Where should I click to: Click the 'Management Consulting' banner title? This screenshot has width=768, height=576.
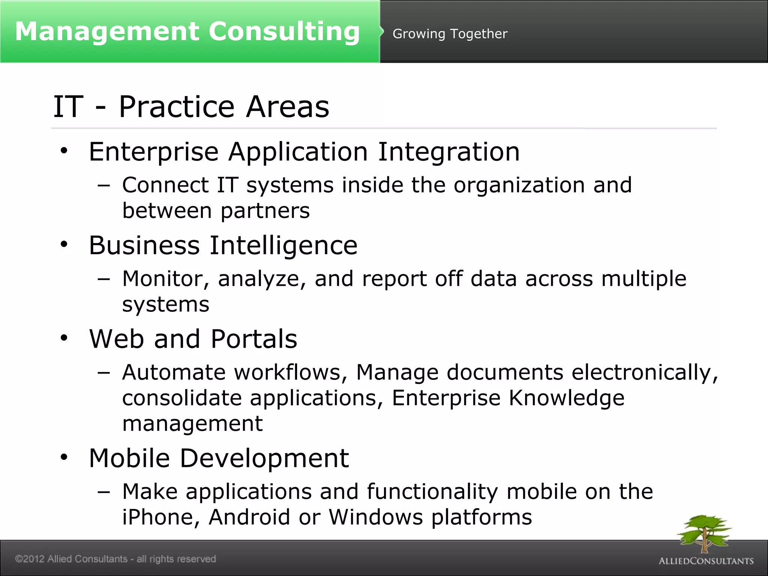point(187,31)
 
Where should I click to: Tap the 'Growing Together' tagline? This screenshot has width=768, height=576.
point(450,34)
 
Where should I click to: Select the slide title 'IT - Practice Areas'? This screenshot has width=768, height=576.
point(191,107)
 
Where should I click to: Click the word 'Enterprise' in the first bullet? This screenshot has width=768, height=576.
point(154,152)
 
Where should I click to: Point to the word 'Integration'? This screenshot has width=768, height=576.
point(449,152)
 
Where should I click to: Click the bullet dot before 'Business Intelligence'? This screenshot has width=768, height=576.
point(64,244)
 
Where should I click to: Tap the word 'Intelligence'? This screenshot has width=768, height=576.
point(283,246)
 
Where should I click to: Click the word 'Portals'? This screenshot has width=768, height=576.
point(254,339)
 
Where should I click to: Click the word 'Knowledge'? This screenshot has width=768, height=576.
point(566,398)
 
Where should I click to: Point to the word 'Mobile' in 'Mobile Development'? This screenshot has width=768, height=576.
point(129,458)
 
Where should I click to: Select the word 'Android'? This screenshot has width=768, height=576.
point(249,517)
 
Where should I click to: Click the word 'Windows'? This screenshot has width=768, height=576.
point(376,517)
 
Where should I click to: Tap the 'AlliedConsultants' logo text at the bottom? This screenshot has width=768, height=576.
point(706,561)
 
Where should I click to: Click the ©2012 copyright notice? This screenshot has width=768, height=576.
point(115,559)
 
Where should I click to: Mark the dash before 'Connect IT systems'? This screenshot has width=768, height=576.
point(103,185)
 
